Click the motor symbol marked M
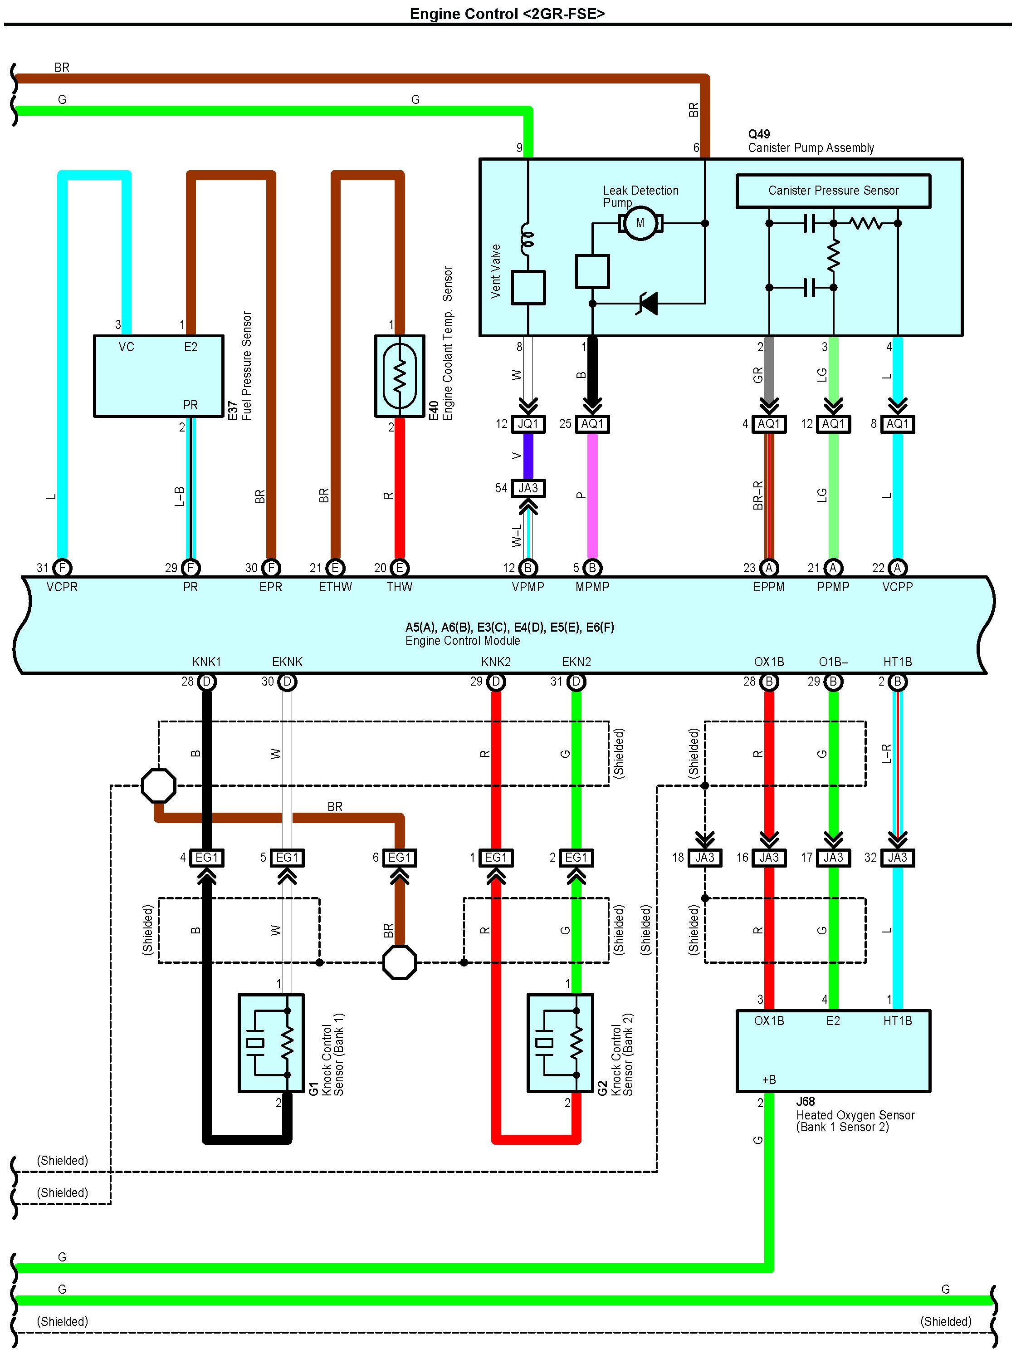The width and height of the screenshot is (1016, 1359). (x=640, y=223)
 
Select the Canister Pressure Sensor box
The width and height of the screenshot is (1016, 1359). (x=833, y=191)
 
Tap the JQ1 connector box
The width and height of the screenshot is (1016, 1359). (x=528, y=424)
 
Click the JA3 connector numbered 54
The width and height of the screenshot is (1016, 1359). (x=528, y=488)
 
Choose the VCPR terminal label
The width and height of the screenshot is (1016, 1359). (x=62, y=587)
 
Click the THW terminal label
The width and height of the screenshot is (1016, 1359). (x=399, y=587)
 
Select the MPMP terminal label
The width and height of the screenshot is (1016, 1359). (x=592, y=587)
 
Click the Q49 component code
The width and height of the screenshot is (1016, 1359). (x=759, y=134)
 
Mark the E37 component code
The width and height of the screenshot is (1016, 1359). (x=233, y=410)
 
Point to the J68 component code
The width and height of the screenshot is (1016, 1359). (x=805, y=1102)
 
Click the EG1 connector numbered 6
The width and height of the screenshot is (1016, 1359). (x=399, y=858)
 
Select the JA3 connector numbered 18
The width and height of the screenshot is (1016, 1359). (x=704, y=858)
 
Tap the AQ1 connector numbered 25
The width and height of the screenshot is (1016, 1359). (x=592, y=424)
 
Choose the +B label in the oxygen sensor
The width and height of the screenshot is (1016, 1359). (x=768, y=1079)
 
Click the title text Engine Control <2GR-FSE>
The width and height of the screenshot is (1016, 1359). (x=508, y=14)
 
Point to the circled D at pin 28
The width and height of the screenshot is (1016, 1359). (x=207, y=682)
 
